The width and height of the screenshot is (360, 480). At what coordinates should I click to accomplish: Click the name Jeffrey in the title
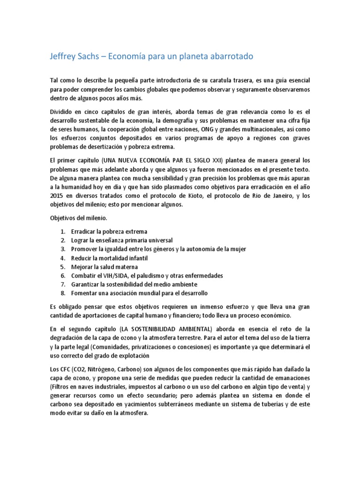coord(63,56)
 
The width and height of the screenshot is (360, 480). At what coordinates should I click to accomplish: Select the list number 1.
coord(63,232)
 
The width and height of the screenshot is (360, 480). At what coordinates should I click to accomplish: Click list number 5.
coord(63,267)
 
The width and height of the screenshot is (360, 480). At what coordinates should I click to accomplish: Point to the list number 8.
coord(63,293)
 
